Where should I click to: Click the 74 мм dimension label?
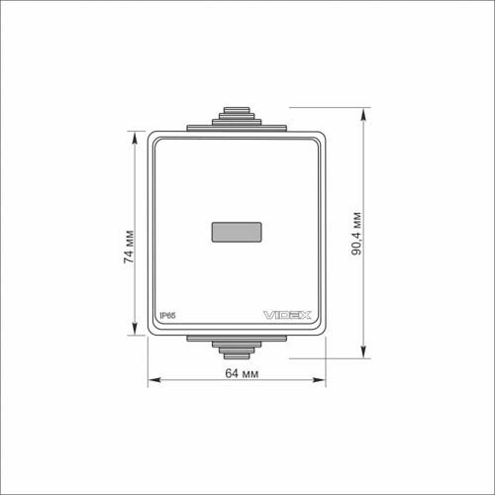(129, 247)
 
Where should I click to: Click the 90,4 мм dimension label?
(356, 234)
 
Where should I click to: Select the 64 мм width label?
(242, 373)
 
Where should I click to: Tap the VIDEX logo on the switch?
(287, 315)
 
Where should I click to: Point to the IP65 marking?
(167, 316)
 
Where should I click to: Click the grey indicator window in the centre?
(237, 232)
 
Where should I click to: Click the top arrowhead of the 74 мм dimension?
(135, 138)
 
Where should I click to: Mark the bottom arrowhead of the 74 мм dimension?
(135, 329)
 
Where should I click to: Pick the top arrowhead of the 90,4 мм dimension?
(363, 114)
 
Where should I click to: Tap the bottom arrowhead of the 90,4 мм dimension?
(363, 351)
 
